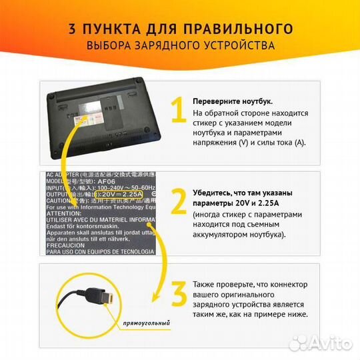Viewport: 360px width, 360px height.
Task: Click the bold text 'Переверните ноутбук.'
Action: tap(232, 101)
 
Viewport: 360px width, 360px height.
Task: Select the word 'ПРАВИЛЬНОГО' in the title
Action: tap(249, 29)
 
